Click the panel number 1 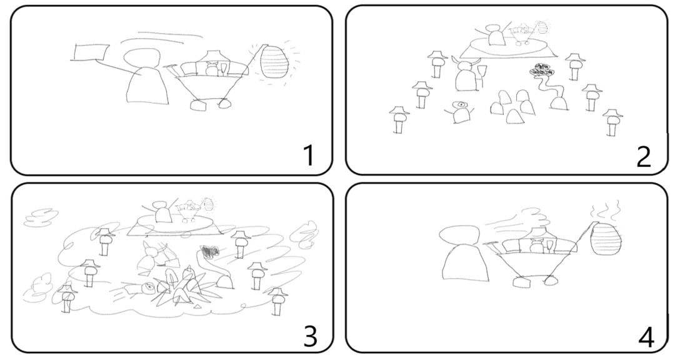(x=309, y=156)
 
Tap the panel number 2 (x=643, y=157)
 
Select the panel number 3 (x=311, y=336)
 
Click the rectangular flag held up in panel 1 (x=91, y=52)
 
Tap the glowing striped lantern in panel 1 (x=274, y=62)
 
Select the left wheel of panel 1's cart (x=199, y=105)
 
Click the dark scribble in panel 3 (x=209, y=251)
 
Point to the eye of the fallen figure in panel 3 (x=149, y=286)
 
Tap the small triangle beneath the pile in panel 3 (x=197, y=306)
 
